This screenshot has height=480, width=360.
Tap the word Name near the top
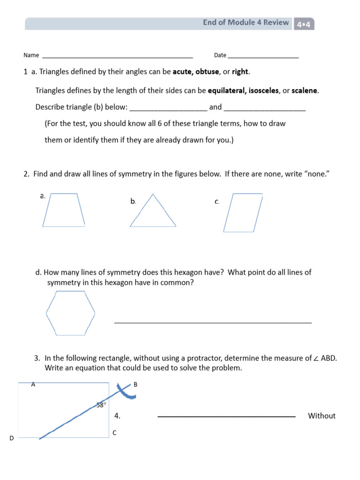(31, 55)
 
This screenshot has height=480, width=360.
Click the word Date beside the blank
(220, 55)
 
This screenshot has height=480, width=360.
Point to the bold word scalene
(305, 90)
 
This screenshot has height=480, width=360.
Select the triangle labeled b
(153, 213)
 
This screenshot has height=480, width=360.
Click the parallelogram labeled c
(243, 213)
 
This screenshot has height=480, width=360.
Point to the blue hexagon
(70, 313)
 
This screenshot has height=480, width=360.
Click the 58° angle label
(101, 405)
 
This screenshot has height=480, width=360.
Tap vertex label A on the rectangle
(33, 384)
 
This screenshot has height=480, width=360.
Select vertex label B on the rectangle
(135, 384)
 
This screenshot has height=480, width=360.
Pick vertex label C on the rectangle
(114, 433)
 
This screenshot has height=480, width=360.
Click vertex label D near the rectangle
(12, 438)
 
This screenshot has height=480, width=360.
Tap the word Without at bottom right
(322, 416)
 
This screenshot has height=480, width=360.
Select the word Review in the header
(276, 22)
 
